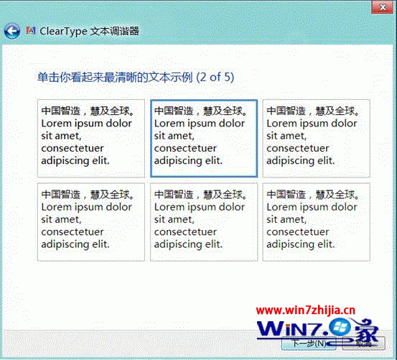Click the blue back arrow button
coord(11,31)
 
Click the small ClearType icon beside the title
coord(30,31)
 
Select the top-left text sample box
coord(90,138)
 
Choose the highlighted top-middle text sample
coord(203,138)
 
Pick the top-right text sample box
coord(316,138)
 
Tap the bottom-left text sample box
coord(90,221)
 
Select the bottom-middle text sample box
coord(203,221)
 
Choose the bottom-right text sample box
coord(316,221)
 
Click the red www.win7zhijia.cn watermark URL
coord(315,311)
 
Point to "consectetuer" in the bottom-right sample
coord(298,232)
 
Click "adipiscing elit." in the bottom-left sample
coord(75,244)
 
